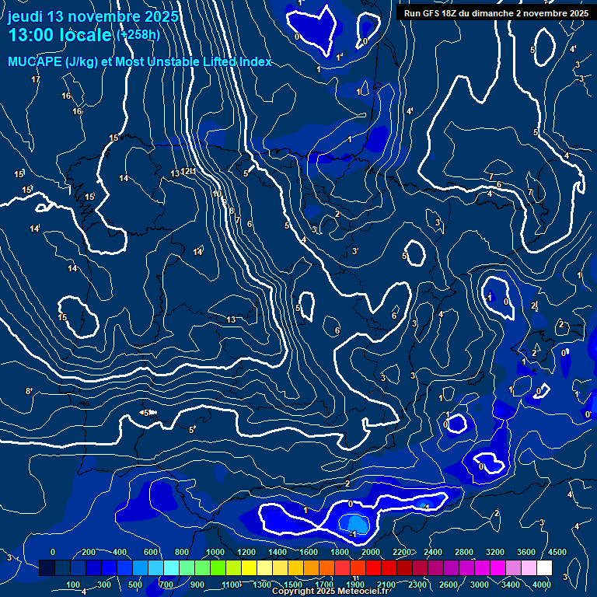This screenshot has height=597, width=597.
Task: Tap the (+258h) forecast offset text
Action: click(138, 34)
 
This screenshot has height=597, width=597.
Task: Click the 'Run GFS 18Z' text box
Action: click(496, 12)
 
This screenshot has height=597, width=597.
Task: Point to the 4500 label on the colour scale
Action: click(557, 552)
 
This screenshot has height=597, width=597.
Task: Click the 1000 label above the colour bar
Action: click(214, 552)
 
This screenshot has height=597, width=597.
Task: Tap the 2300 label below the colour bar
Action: click(417, 585)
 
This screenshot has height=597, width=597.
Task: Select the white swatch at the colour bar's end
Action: click(544, 568)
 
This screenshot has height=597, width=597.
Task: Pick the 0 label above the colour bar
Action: click(52, 552)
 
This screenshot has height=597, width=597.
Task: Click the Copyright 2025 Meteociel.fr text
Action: click(330, 592)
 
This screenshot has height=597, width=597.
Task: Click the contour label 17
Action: click(36, 80)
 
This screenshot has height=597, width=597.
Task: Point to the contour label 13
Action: click(231, 319)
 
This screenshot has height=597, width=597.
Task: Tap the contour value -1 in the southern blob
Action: click(352, 534)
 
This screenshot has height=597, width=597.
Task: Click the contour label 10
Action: click(217, 194)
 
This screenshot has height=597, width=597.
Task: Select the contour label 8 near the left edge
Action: click(29, 391)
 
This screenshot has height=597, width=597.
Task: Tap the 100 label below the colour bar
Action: click(74, 585)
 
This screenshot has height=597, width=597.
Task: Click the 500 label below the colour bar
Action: click(136, 585)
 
